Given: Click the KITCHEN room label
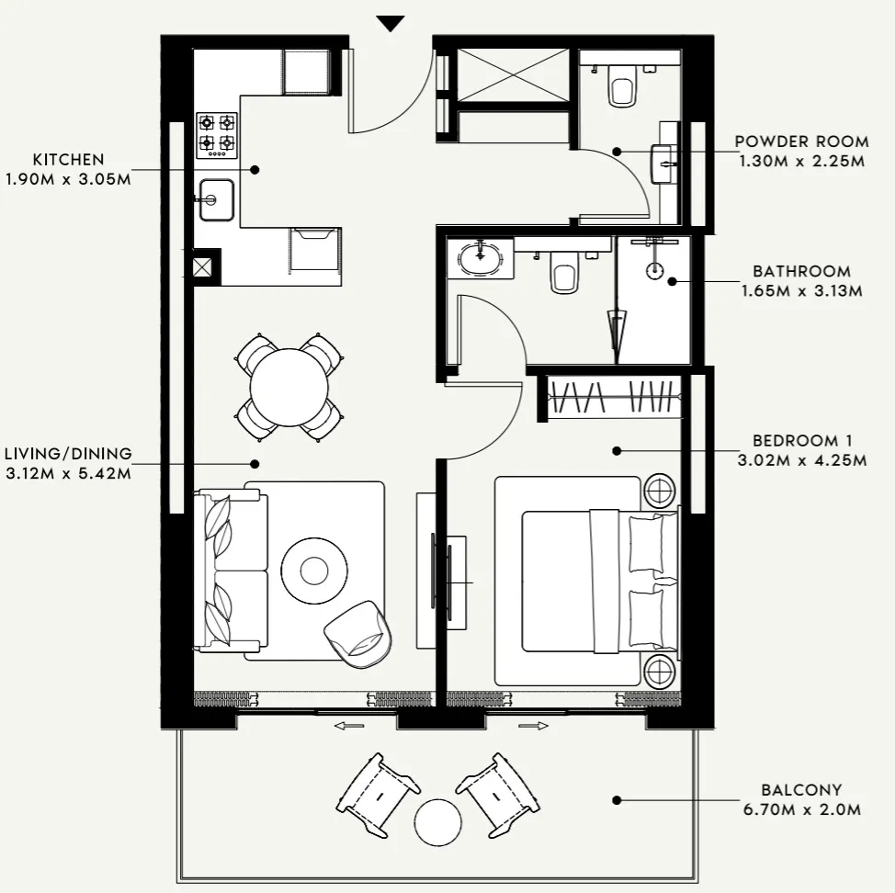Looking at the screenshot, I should [x=68, y=160].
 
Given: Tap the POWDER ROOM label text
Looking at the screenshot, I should [x=801, y=141].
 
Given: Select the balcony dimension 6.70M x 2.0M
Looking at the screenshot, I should [x=801, y=809].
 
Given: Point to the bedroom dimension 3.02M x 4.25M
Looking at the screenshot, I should [x=801, y=460].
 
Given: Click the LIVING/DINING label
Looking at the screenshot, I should [x=68, y=453].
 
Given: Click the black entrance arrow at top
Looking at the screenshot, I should [x=391, y=24].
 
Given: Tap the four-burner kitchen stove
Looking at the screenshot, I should [x=217, y=134].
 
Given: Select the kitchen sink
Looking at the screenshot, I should [x=217, y=199].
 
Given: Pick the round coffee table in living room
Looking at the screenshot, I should [x=314, y=570].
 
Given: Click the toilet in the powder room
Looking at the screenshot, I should [x=622, y=88].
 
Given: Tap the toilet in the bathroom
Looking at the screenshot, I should [x=563, y=274].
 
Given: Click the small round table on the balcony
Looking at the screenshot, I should [x=437, y=821].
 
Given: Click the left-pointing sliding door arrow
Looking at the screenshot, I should [x=348, y=726].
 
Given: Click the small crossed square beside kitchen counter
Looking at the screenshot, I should [x=203, y=267].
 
